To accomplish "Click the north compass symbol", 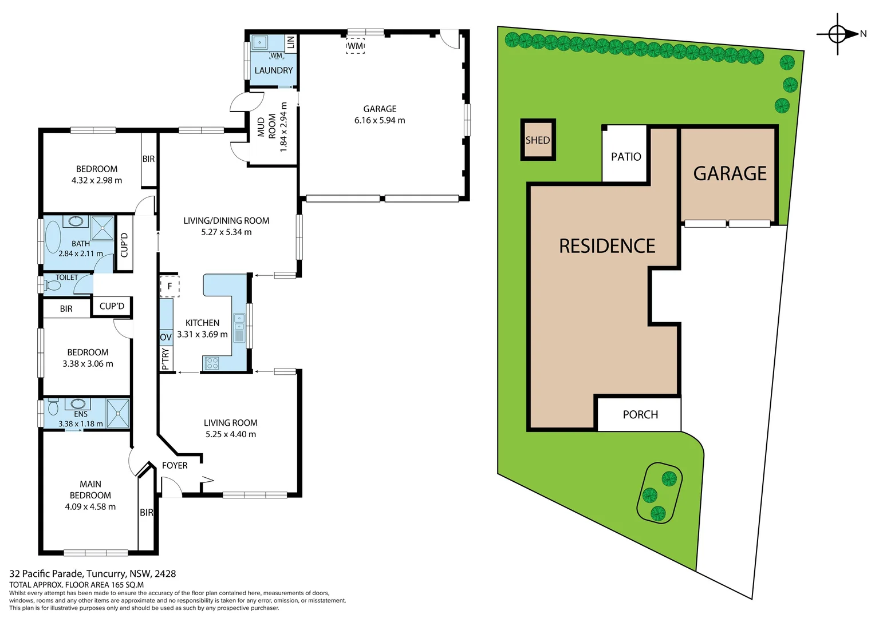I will point(837,34).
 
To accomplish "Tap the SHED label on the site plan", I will point(538,140).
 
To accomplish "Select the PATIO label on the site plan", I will point(626,157).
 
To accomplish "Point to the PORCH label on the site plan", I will point(640,415).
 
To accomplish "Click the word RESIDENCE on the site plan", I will point(607,246).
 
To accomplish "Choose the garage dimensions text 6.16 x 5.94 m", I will point(380,120).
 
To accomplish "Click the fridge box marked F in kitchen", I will point(170,286).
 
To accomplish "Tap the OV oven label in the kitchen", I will point(165,338).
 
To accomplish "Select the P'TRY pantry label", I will point(165,359).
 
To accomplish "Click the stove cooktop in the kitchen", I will point(212,363).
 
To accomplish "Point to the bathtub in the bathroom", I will point(52,239).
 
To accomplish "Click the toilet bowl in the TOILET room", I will point(52,285).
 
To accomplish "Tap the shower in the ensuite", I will point(118,413).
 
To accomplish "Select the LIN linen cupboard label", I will point(290,42).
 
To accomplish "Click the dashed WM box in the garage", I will point(355,46).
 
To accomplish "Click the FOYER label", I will point(175,466).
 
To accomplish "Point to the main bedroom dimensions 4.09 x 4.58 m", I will point(90,507).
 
